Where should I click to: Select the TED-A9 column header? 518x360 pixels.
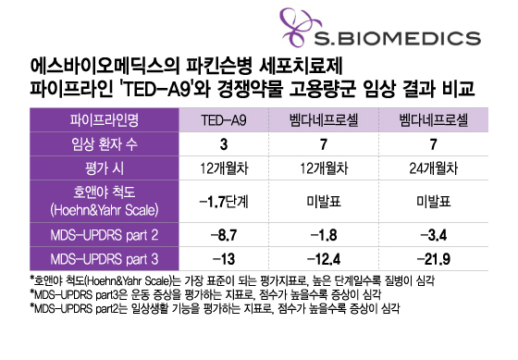(x=225, y=120)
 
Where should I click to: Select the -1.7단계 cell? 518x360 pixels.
(x=225, y=200)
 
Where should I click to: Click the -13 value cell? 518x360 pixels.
(x=225, y=254)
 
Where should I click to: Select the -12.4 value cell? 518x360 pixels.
(x=328, y=254)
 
